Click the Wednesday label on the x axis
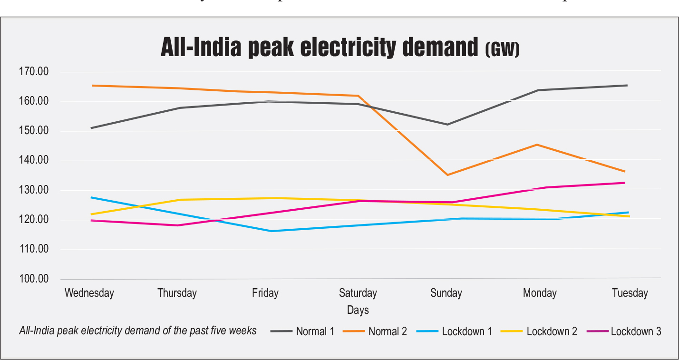point(89,293)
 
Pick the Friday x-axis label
point(265,293)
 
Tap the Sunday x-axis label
point(446,293)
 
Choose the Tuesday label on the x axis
point(630,293)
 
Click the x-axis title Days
point(358,311)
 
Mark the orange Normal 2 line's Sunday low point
point(447,175)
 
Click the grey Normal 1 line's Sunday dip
point(447,125)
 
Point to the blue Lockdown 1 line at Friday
point(272,231)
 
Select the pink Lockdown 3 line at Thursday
point(177,225)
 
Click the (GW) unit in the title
point(502,49)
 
